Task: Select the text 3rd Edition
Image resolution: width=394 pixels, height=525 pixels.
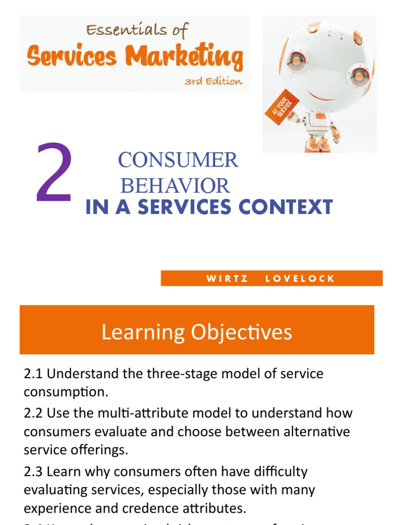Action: click(x=213, y=82)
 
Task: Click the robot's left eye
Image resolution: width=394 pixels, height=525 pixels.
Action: click(x=296, y=60)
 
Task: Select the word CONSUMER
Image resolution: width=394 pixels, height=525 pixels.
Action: click(x=178, y=160)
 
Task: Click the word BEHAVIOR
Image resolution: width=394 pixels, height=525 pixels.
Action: click(x=174, y=186)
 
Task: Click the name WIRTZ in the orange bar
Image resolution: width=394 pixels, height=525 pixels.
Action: click(x=227, y=279)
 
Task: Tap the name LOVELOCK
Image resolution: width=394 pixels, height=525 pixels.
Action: click(x=300, y=279)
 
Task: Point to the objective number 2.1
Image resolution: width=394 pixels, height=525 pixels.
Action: click(x=33, y=373)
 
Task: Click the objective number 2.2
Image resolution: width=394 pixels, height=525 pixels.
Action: click(x=33, y=413)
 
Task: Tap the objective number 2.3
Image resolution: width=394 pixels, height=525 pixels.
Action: click(x=33, y=471)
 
